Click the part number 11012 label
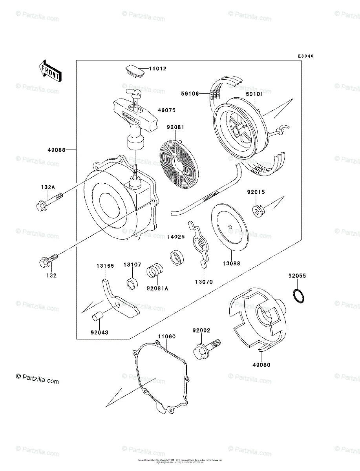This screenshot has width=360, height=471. (x=158, y=69)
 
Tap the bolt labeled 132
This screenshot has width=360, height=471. (x=48, y=261)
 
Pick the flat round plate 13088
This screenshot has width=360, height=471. (x=230, y=227)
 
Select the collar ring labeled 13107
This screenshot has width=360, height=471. (x=132, y=283)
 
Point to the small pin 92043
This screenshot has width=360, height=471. (x=97, y=316)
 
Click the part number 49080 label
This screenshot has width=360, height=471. (x=261, y=365)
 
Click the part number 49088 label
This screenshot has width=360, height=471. (x=57, y=150)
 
